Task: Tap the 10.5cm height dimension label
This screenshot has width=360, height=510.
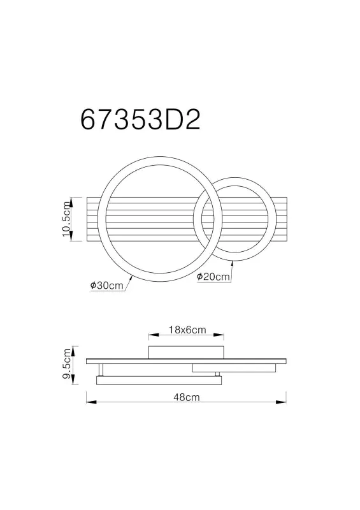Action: (66, 219)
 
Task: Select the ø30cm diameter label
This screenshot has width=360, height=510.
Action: (106, 286)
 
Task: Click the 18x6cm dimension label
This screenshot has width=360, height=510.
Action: (187, 330)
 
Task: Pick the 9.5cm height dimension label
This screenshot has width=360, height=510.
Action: (66, 365)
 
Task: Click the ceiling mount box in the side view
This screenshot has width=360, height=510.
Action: (185, 353)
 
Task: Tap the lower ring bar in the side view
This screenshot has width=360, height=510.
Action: (158, 380)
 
